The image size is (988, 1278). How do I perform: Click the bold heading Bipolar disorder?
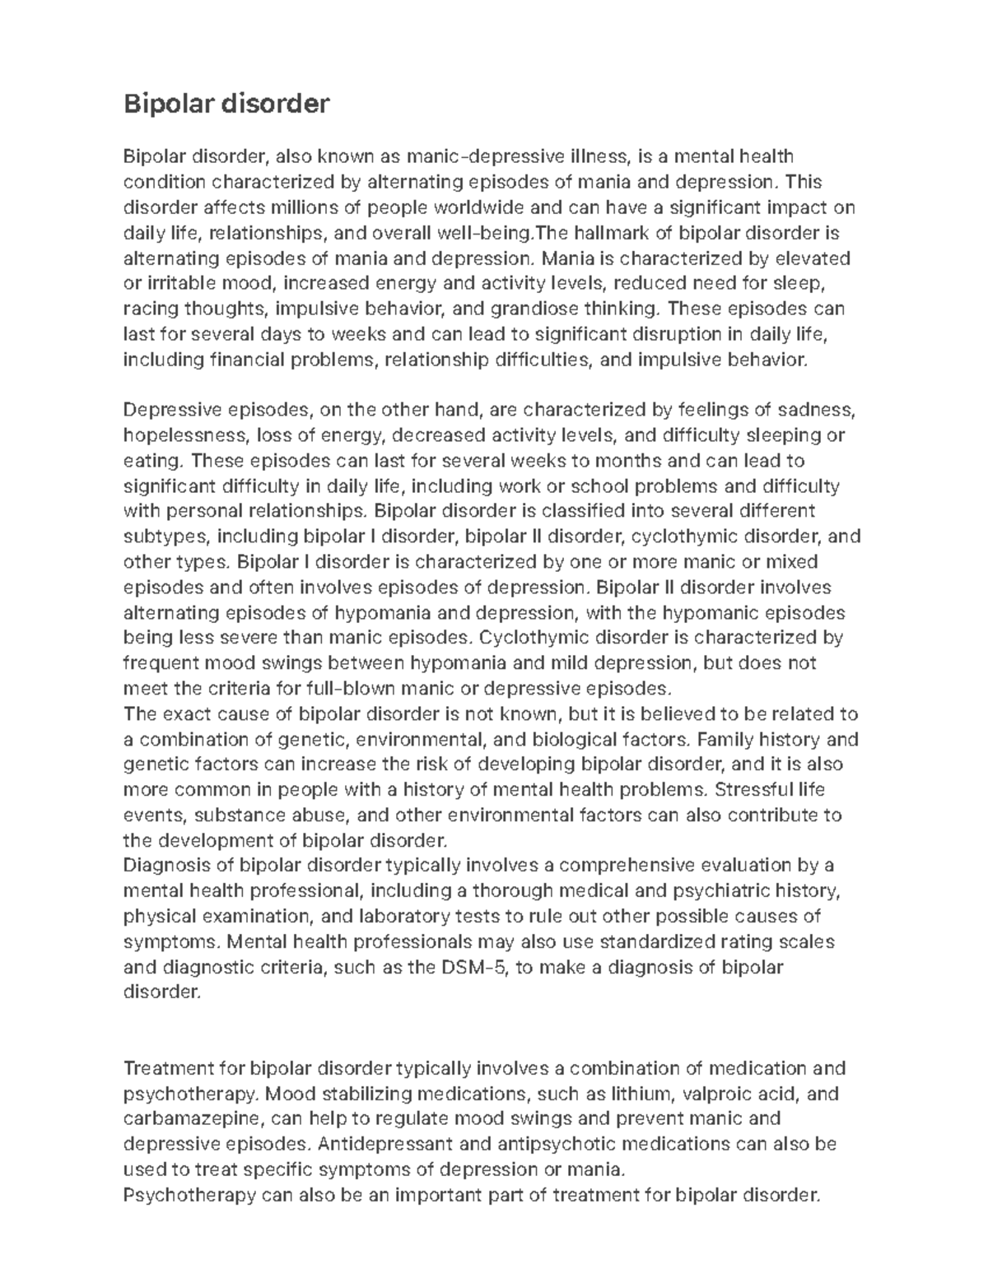(x=226, y=104)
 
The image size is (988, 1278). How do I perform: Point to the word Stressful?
(x=756, y=790)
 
